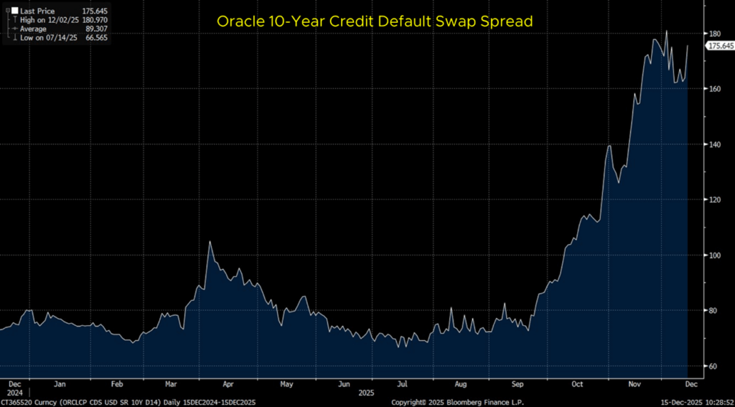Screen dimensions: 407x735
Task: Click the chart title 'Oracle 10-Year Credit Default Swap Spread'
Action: (x=375, y=22)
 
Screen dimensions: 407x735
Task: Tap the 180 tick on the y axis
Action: (x=714, y=34)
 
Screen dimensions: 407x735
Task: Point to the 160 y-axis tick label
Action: (x=714, y=89)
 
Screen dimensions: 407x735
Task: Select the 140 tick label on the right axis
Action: (x=714, y=144)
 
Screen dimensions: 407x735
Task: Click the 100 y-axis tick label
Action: (x=714, y=255)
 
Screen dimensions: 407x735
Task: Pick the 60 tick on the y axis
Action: (x=714, y=366)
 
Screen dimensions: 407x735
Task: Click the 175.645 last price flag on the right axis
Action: (x=720, y=46)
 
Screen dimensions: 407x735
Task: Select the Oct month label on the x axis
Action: (x=577, y=384)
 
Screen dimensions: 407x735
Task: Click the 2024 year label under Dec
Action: (x=14, y=393)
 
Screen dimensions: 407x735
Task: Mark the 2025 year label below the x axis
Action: (x=366, y=393)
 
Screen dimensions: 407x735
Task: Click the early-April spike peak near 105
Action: (x=210, y=242)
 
